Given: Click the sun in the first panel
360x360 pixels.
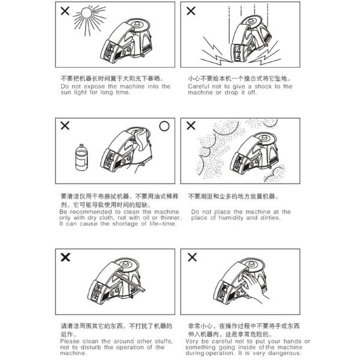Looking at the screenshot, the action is tap(87, 13).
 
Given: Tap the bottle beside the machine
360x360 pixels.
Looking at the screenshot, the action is tap(81, 157).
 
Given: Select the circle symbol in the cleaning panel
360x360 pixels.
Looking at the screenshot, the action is tap(164, 126).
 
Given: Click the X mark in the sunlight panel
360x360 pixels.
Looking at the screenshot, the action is tap(65, 11).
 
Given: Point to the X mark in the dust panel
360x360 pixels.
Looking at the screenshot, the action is tap(191, 125).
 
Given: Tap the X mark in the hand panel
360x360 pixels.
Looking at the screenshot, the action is tap(192, 257).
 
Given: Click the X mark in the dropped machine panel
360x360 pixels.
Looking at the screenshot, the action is tap(191, 11).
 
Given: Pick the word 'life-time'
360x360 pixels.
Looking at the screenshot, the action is tap(163, 224).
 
